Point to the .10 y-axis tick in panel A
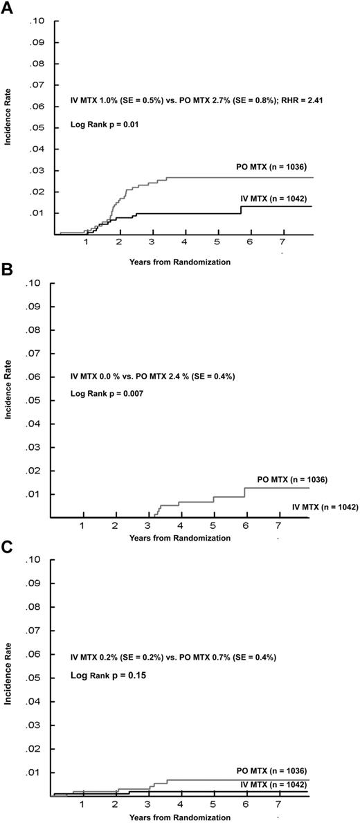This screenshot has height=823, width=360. pos(36,21)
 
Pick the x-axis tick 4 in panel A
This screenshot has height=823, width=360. pos(184,244)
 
